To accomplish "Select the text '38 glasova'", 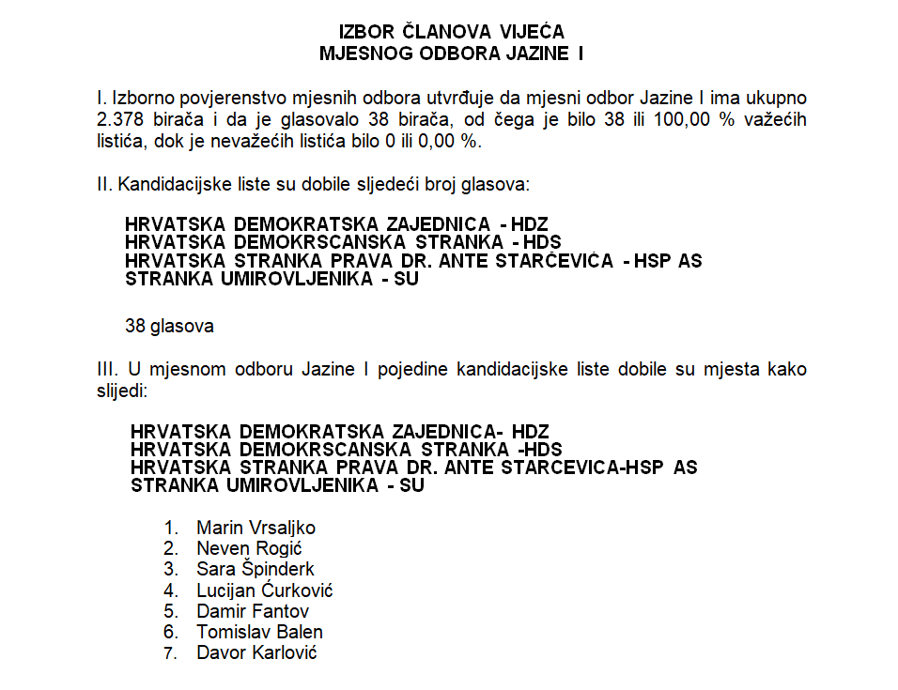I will tap(169, 327).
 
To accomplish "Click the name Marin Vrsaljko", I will tap(255, 528).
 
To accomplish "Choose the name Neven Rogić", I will tap(249, 548).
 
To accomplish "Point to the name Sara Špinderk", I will tap(255, 569).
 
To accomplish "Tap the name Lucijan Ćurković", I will tap(264, 590).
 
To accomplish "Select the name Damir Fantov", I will tap(253, 611).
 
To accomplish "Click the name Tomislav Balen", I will tap(259, 632).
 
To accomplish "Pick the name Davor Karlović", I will tap(256, 652).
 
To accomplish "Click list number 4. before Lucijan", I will tap(170, 590).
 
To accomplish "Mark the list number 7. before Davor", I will tap(170, 652).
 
